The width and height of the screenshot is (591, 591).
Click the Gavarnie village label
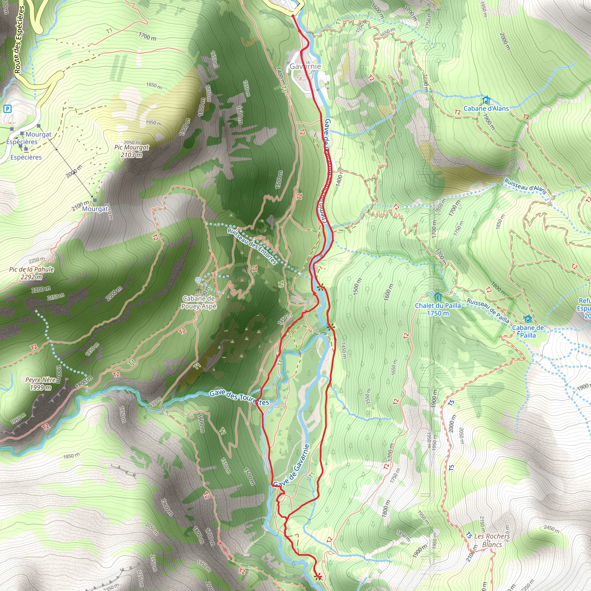pos(305,66)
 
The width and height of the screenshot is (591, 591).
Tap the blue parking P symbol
pos(7,109)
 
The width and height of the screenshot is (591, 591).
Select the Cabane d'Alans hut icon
pos(486,100)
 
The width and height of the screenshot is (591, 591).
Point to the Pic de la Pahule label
pos(31,273)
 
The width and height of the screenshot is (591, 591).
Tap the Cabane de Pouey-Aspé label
pos(199,302)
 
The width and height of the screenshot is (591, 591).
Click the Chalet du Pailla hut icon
pos(438,297)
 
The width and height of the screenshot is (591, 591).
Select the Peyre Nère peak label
pos(41,383)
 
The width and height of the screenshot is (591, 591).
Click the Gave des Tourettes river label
pos(239,398)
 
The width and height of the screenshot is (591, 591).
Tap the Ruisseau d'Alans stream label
pos(525,186)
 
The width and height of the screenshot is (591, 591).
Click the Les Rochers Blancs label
pos(492,540)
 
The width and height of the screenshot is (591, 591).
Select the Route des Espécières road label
pos(19,40)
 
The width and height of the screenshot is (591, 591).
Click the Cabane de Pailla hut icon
pos(528,319)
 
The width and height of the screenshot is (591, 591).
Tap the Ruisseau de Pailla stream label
pos(488,310)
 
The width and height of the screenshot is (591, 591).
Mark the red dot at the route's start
pos(293,16)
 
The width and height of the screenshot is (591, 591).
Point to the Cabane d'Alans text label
pos(486,109)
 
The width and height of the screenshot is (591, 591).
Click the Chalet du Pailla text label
pos(438,309)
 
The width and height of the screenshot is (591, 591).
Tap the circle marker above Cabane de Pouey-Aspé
pos(198,280)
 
